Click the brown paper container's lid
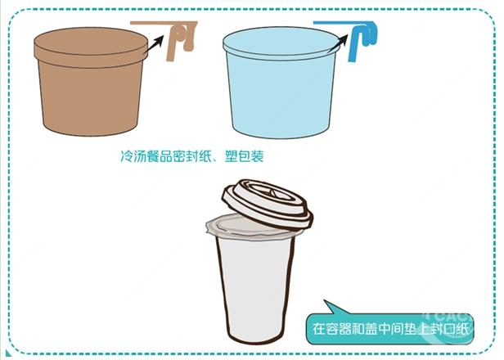pos(91,47)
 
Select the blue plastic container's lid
pos(281,45)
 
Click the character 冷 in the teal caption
pos(126,156)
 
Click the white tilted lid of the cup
pos(268,204)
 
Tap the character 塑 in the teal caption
pos(231,156)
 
